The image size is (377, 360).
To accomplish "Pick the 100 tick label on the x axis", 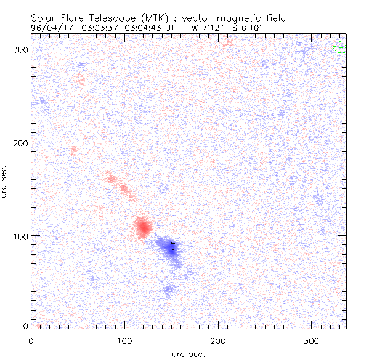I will [124, 340].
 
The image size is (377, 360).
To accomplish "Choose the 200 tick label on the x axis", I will [218, 340].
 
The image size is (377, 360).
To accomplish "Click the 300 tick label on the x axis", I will [312, 340].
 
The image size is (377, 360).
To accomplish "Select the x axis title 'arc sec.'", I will [188, 354].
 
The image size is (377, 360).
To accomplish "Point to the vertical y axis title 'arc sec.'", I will [6, 180].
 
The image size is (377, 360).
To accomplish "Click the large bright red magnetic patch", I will [143, 228].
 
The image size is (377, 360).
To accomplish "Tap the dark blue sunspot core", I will [172, 248].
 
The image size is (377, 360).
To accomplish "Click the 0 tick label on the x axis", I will [31, 340].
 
